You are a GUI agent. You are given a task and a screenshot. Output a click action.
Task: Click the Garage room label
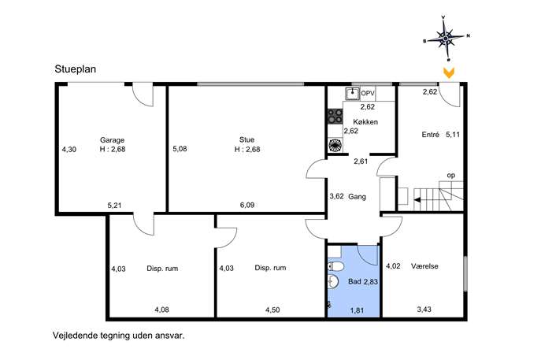112,140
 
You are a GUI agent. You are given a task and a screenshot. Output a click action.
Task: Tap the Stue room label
246,139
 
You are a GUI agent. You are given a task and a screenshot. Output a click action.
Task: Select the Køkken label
365,122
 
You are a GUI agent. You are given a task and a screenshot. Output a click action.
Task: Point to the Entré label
430,135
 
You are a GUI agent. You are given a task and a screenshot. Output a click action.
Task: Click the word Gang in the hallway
357,197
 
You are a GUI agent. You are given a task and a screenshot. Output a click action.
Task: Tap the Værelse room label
424,266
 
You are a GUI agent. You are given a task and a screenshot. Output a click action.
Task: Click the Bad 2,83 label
363,282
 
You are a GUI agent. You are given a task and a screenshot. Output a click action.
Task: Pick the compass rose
447,37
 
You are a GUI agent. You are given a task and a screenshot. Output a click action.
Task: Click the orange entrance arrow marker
449,72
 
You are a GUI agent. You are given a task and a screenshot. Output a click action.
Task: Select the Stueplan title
76,69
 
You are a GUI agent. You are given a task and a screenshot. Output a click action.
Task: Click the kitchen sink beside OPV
352,94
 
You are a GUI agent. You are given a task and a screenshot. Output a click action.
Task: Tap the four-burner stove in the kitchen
335,116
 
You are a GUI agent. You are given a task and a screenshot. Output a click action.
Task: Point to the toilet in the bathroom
335,266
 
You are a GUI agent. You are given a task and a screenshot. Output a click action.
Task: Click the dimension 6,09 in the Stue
247,205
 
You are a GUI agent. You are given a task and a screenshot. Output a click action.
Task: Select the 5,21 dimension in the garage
114,206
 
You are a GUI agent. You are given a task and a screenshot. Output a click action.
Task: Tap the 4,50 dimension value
272,310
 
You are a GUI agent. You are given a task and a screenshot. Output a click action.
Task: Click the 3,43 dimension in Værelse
424,310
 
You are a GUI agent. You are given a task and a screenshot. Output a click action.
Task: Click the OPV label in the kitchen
368,93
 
